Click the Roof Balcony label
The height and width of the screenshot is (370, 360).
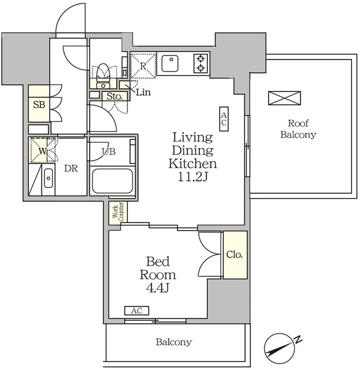[x=298, y=129]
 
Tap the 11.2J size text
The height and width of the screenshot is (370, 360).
[x=192, y=177]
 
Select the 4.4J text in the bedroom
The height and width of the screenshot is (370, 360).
[x=158, y=288]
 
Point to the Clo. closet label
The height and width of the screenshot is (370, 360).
[x=234, y=254]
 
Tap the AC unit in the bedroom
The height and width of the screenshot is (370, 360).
[x=136, y=310]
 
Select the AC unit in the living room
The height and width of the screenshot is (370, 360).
[x=224, y=119]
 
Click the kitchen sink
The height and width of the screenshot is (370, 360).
[x=170, y=63]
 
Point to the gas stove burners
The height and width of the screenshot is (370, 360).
[x=201, y=63]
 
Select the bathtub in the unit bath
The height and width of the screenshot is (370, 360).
[x=112, y=180]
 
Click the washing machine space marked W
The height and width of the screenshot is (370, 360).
[x=42, y=150]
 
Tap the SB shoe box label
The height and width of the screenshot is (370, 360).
[x=39, y=105]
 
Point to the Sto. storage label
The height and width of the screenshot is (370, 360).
[x=114, y=97]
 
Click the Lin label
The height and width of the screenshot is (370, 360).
[x=143, y=92]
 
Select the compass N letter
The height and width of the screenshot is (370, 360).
[x=298, y=339]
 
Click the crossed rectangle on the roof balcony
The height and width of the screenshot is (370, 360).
[x=284, y=98]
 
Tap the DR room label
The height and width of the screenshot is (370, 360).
[x=71, y=168]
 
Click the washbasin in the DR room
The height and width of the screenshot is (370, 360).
[x=49, y=179]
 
